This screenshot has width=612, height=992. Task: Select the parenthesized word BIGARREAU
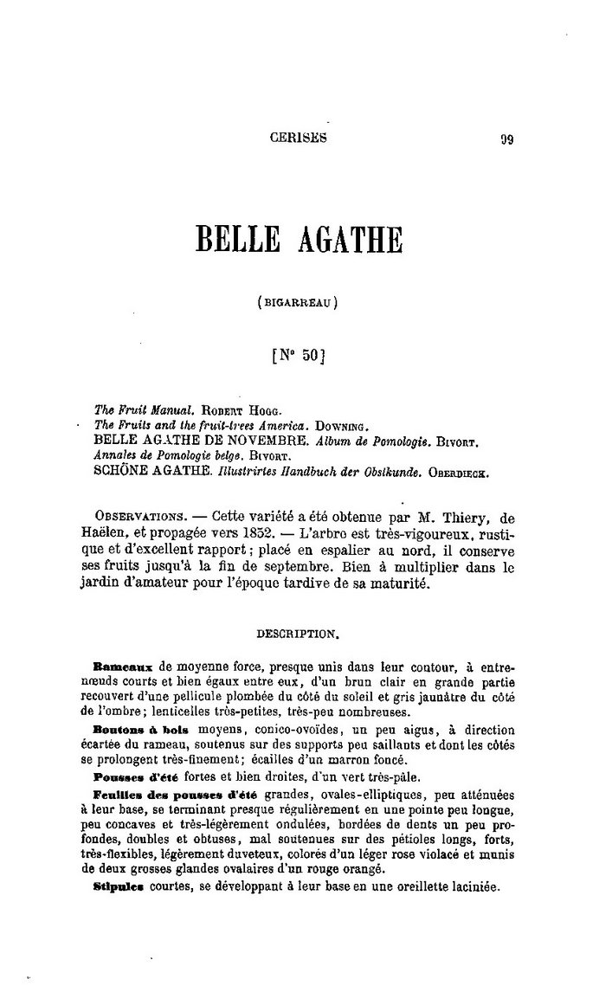coord(297,303)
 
